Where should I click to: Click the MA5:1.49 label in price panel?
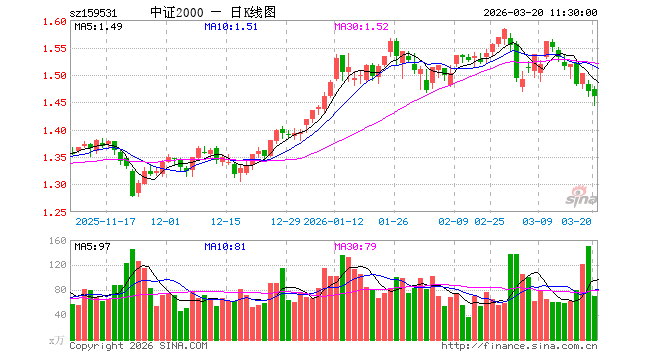[98, 26]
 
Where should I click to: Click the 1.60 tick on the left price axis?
[56, 22]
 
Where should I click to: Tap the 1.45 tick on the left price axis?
[56, 103]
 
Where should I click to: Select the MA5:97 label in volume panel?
[92, 246]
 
